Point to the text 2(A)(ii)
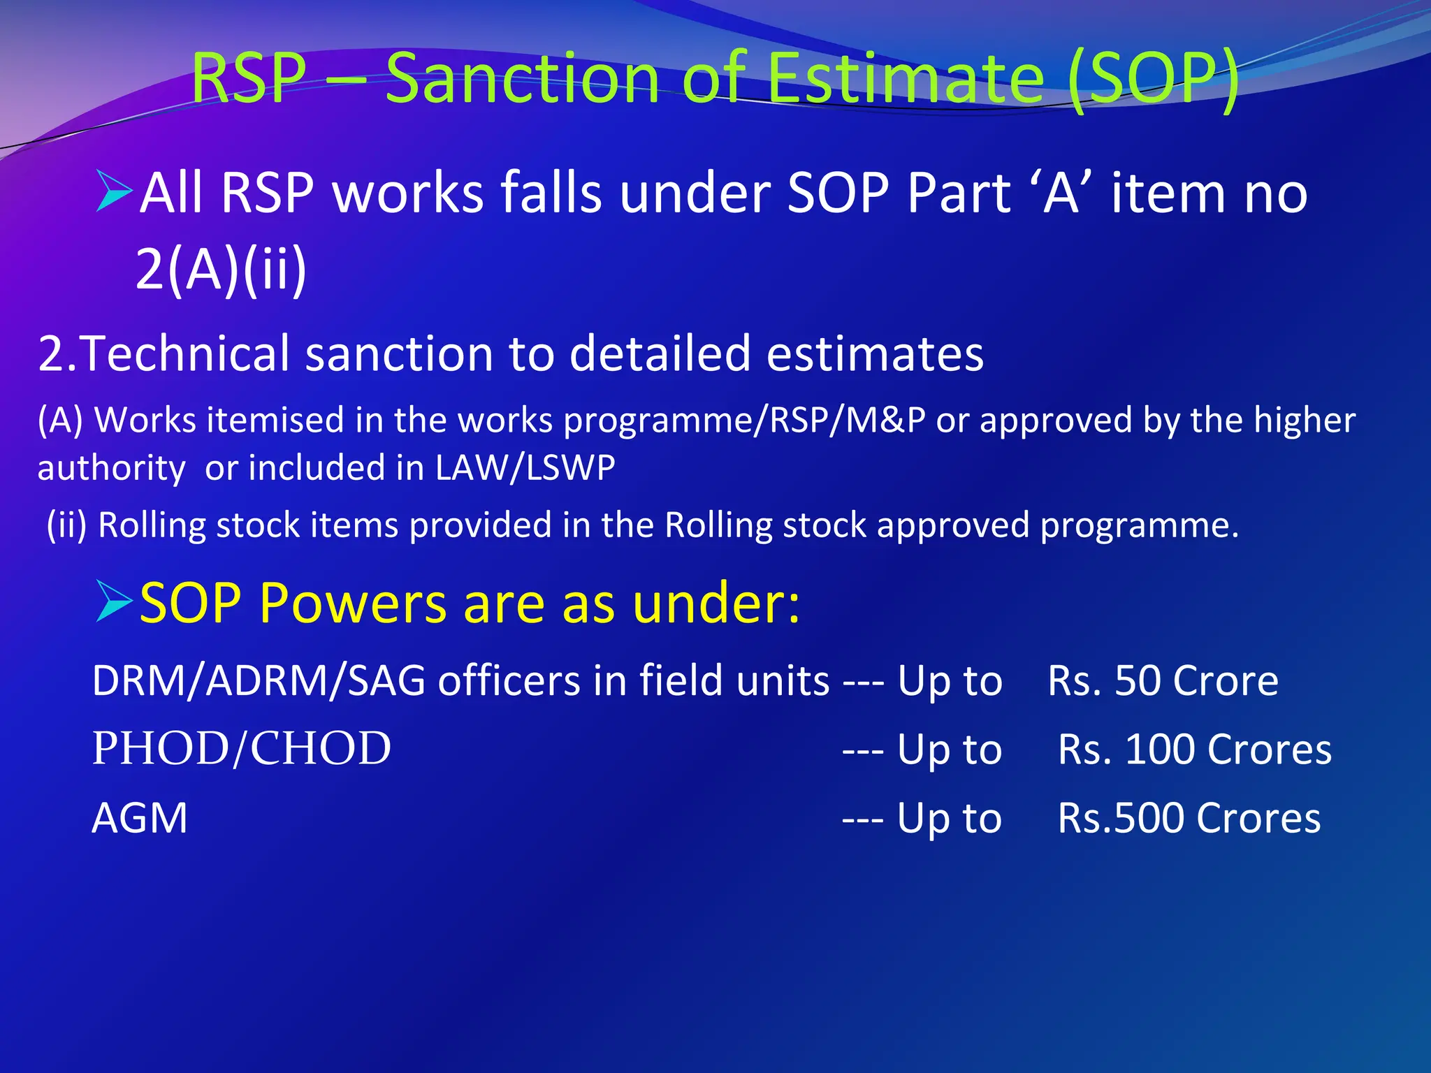(x=221, y=269)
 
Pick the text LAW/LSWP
(x=525, y=467)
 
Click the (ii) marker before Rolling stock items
(x=66, y=525)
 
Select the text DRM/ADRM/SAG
(x=259, y=680)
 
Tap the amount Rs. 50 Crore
(x=1163, y=680)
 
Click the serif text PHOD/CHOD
(x=242, y=749)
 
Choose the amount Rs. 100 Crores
(x=1194, y=750)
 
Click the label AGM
(x=140, y=818)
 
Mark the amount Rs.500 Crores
(x=1189, y=818)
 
